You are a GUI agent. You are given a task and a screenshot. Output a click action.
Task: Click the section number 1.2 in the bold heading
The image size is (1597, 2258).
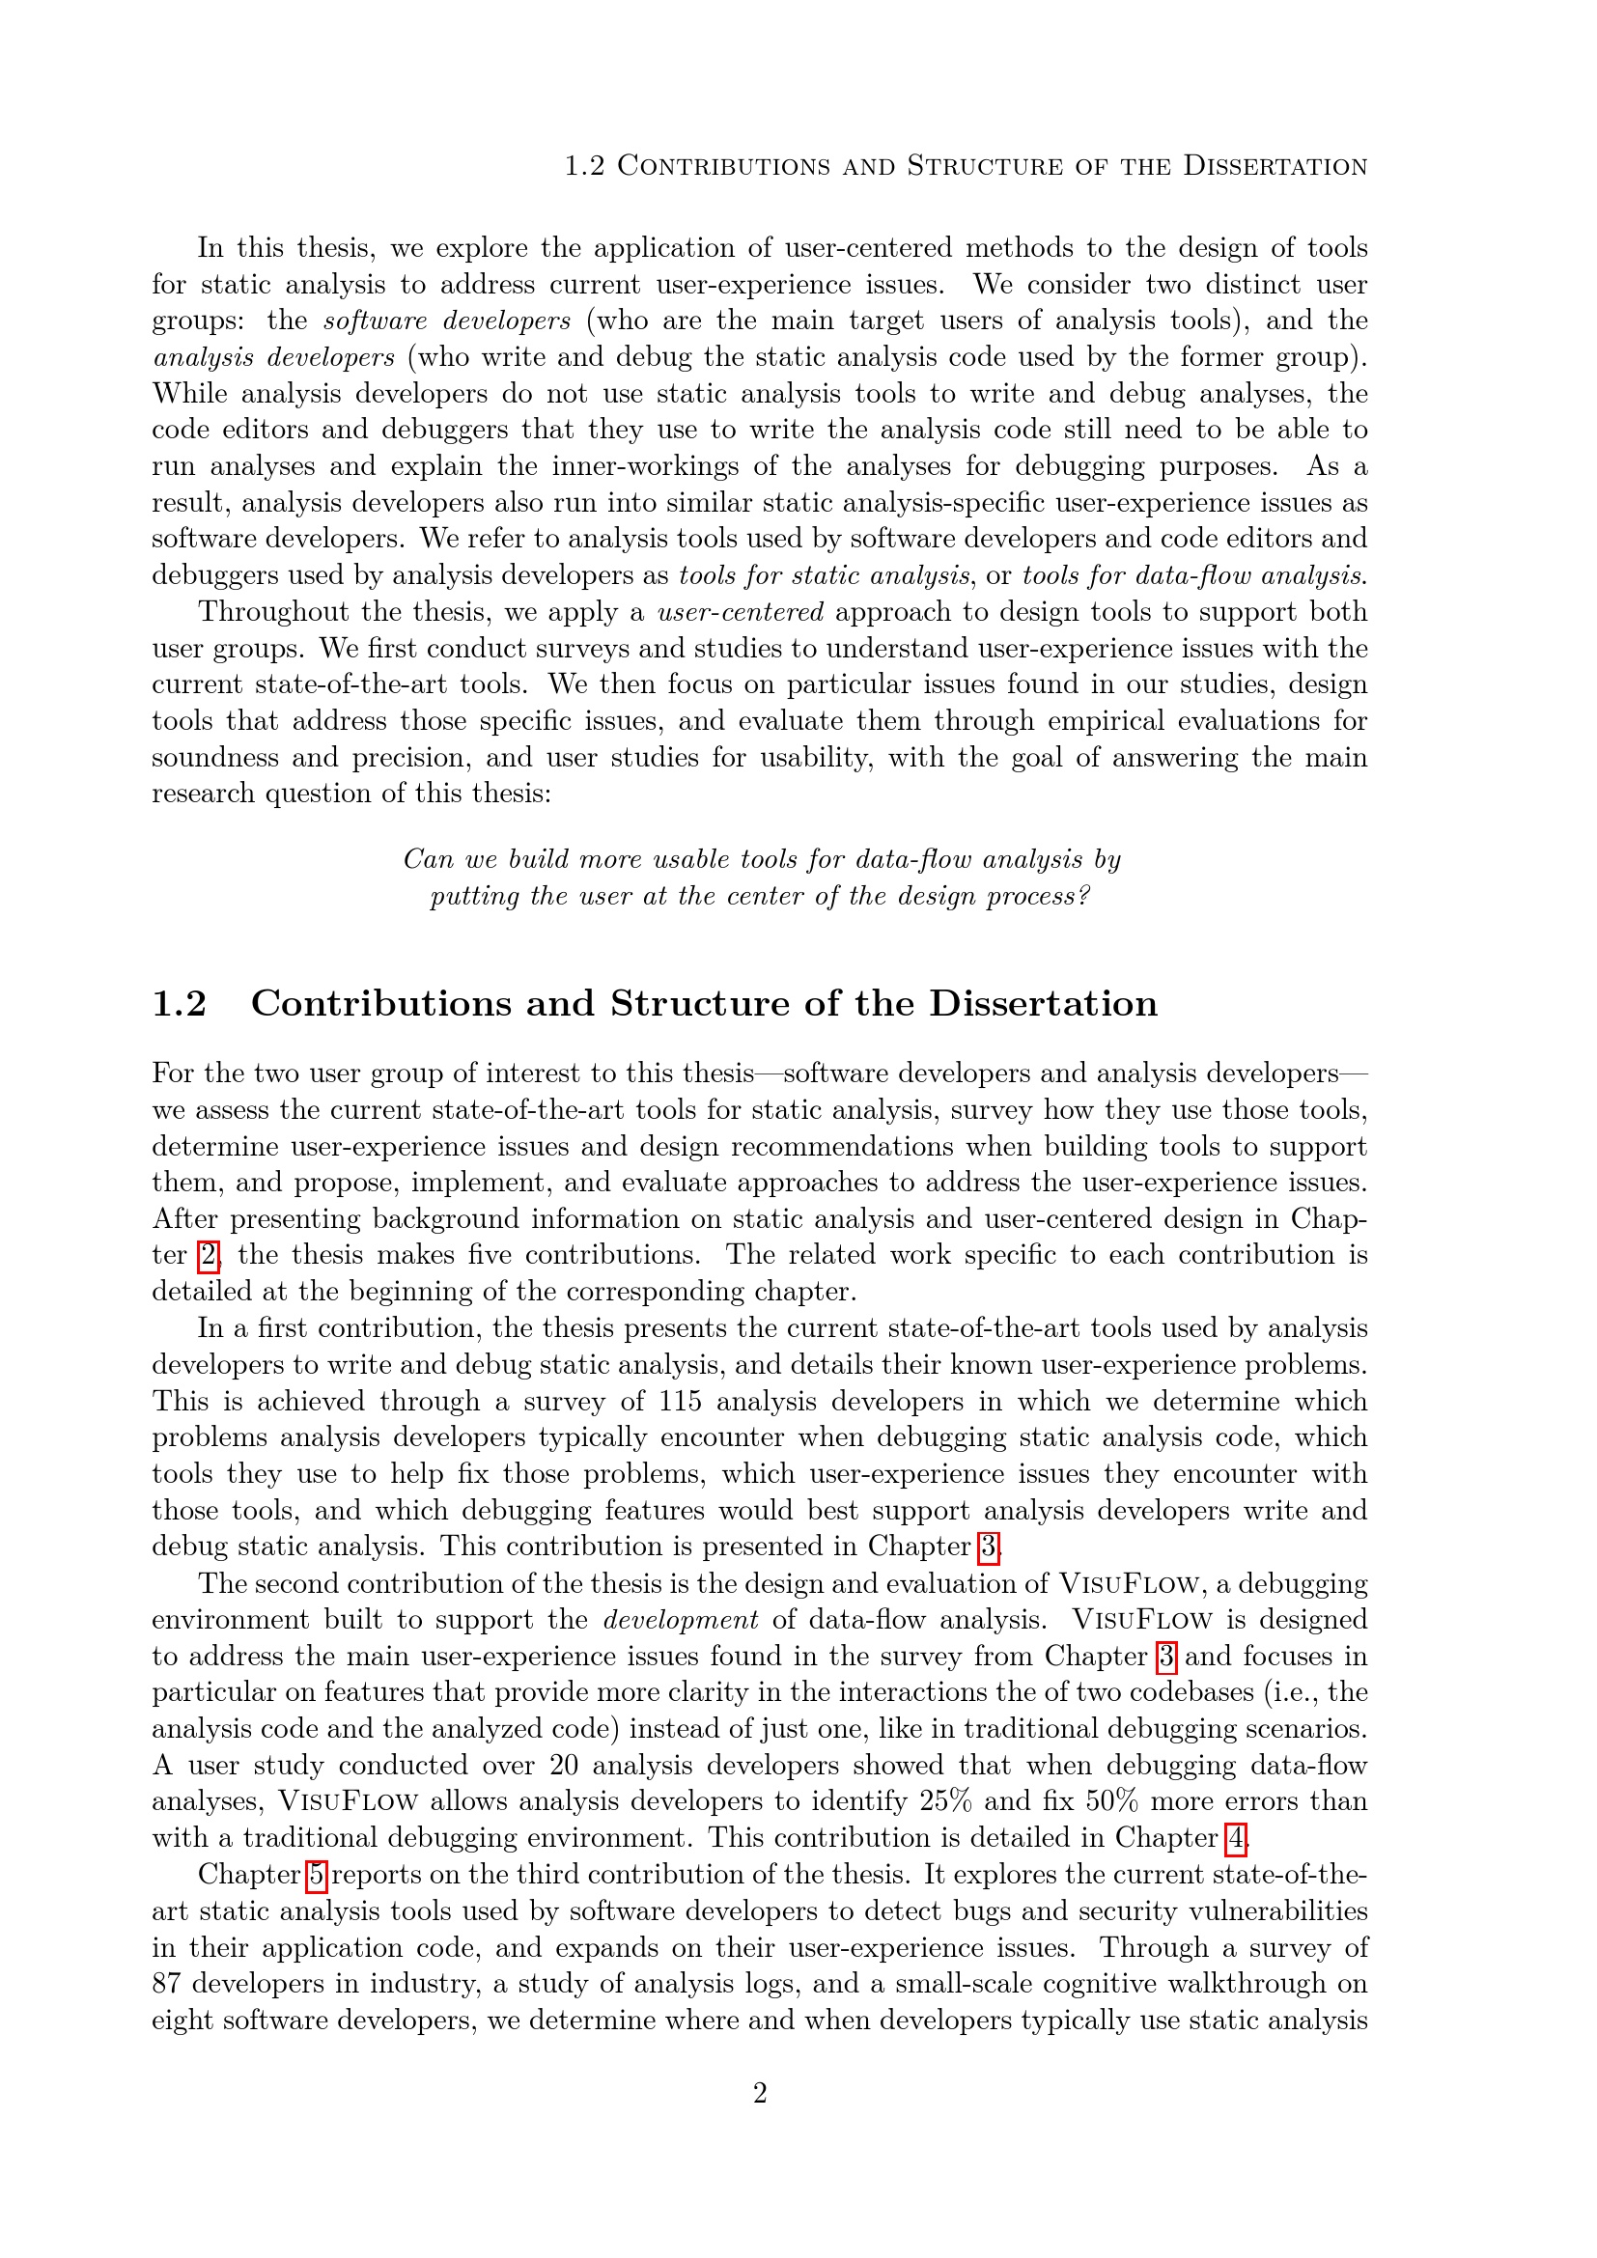click(x=179, y=1004)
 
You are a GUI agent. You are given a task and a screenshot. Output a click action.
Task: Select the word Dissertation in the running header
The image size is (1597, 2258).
click(x=1275, y=166)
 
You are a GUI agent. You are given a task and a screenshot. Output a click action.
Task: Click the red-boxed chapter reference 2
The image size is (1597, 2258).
click(x=208, y=1256)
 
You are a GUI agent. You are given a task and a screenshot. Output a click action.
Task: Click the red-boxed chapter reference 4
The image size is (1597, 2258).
click(x=1235, y=1838)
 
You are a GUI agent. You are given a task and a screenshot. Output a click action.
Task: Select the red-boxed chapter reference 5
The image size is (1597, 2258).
click(x=316, y=1875)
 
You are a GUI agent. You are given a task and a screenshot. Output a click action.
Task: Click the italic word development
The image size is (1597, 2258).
click(x=681, y=1620)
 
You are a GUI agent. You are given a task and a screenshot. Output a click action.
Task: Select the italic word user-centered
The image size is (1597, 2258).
click(x=741, y=612)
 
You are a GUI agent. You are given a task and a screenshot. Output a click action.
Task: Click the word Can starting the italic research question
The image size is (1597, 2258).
click(x=428, y=859)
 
